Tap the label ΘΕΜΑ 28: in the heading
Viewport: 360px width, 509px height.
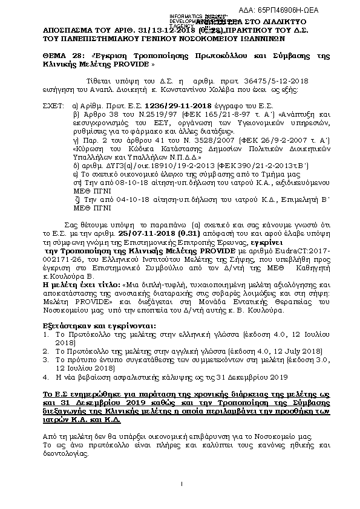pyautogui.click(x=62, y=55)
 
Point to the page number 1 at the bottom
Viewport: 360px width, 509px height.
pyautogui.click(x=180, y=499)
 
